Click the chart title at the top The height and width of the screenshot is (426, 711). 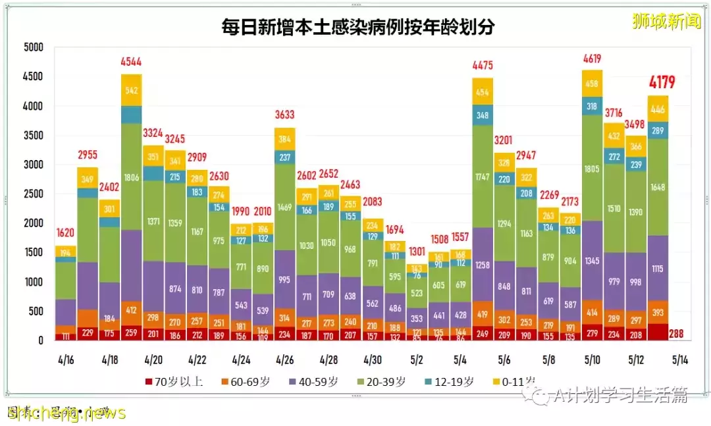pos(358,28)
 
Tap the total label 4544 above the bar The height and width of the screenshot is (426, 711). pos(131,63)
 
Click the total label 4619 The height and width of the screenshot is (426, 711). pos(592,59)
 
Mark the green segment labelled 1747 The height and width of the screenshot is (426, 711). pos(483,177)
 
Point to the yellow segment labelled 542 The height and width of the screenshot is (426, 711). pos(131,90)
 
